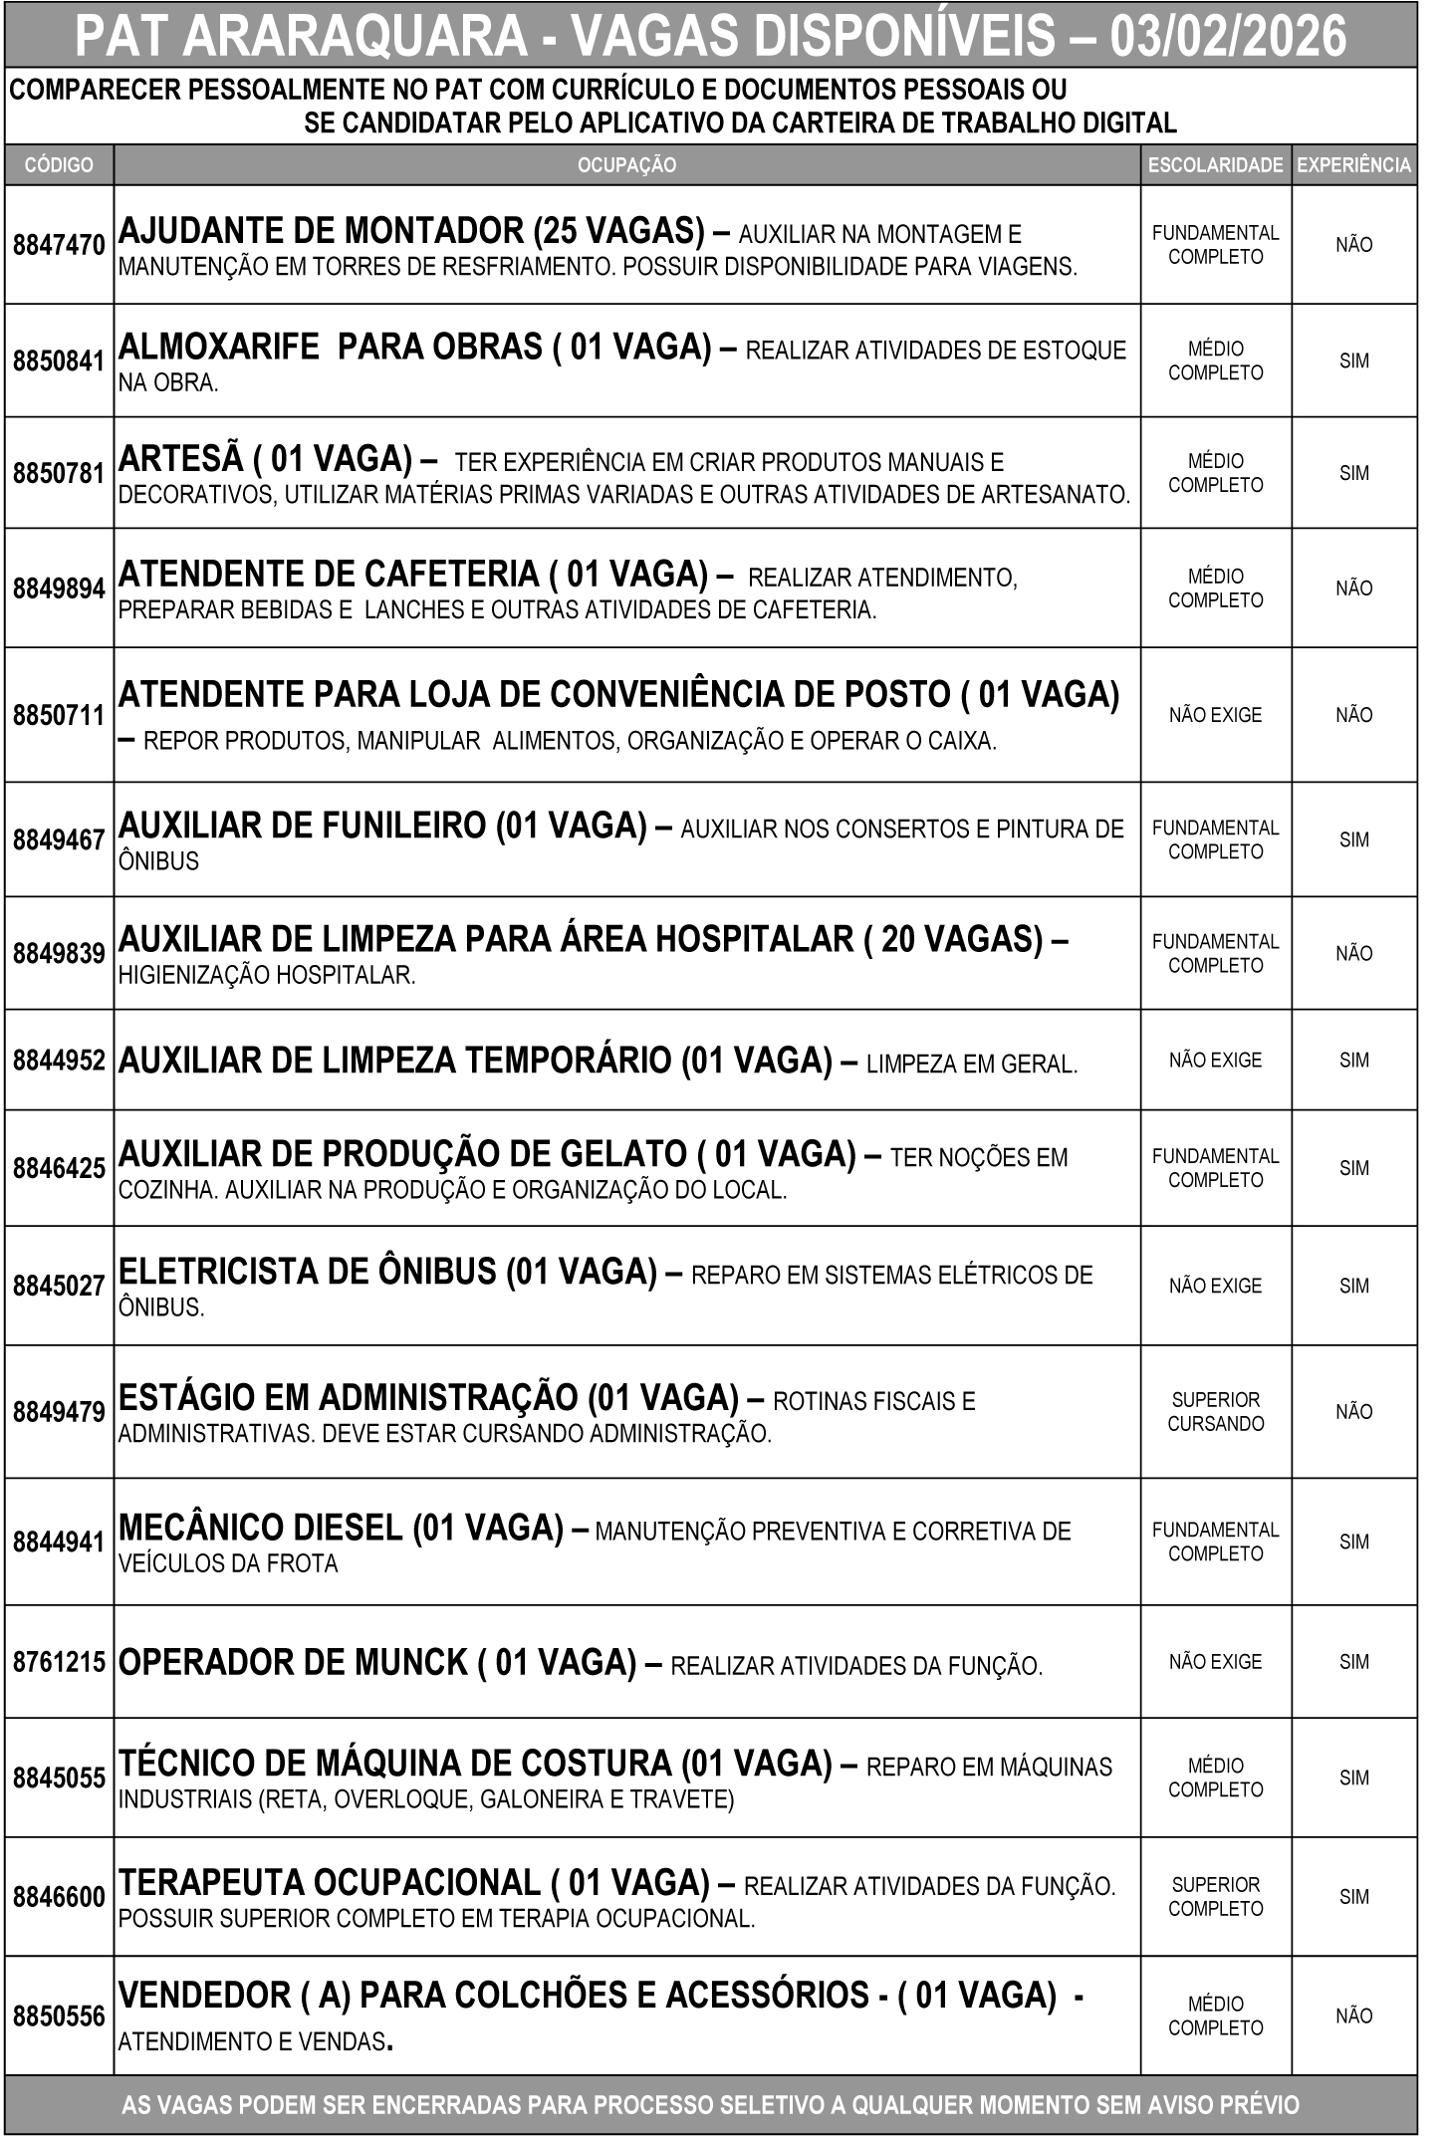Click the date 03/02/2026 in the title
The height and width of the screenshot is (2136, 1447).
(x=1229, y=37)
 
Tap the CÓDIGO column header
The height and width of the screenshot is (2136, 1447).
(x=59, y=165)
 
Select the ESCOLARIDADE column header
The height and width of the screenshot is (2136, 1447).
(x=1215, y=165)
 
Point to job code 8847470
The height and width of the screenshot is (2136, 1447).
(x=59, y=245)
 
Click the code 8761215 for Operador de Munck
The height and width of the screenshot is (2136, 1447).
(x=59, y=1662)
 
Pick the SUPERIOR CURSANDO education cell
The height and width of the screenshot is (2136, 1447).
(x=1215, y=1411)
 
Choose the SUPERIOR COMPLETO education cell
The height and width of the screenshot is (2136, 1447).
(x=1215, y=1896)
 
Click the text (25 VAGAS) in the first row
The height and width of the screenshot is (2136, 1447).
(x=619, y=231)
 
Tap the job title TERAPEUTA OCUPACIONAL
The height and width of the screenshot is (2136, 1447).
(x=329, y=1882)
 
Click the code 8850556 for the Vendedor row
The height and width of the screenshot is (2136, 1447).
(x=59, y=2016)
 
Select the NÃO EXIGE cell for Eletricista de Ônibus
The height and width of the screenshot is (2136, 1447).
(x=1215, y=1286)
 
